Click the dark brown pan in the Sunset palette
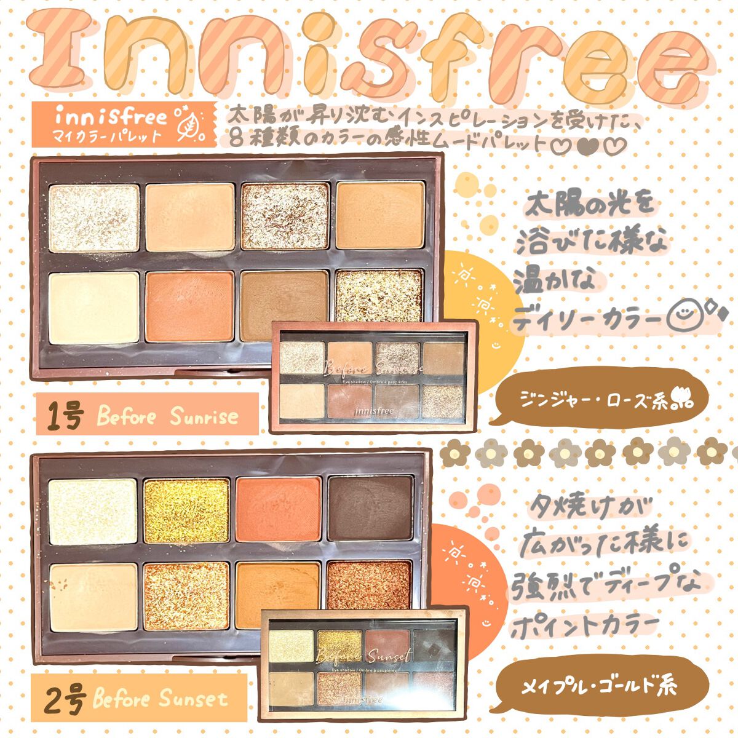click(370, 508)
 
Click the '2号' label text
click(64, 699)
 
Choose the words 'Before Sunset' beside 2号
click(160, 699)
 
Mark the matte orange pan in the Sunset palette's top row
click(277, 509)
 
